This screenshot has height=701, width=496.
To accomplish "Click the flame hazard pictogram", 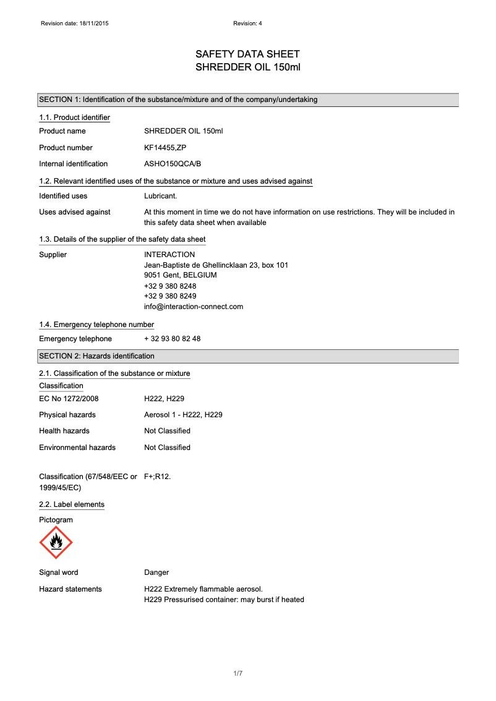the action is (x=56, y=543).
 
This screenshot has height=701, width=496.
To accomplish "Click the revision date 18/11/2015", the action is (x=96, y=23).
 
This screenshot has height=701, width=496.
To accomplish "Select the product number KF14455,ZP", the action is (x=165, y=148).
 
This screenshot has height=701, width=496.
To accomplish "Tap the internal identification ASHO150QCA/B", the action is (x=173, y=164).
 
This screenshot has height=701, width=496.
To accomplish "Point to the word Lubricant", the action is (x=161, y=196).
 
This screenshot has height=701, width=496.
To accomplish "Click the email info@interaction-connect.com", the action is (x=194, y=307).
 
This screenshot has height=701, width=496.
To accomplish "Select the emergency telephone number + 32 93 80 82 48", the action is (x=173, y=339).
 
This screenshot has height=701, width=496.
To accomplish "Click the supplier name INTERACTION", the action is (x=169, y=255).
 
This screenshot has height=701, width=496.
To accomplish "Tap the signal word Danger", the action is (x=156, y=572).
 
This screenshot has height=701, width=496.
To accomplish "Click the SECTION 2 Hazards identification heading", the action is (x=97, y=356).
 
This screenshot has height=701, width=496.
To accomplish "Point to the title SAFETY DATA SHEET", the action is (x=247, y=54).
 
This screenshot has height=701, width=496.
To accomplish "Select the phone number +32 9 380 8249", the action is (x=170, y=296).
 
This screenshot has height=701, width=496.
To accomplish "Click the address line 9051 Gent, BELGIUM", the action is (x=181, y=275).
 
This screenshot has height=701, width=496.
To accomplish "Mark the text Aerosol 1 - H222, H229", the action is (x=183, y=415).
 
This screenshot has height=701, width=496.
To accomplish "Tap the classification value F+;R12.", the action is (x=157, y=477).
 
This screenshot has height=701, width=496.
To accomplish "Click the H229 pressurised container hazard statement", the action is (x=224, y=600).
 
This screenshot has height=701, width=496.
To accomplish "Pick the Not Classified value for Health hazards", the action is (x=167, y=431).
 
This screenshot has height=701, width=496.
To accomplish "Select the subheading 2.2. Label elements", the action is (x=72, y=504).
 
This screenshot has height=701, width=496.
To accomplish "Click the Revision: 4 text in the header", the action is (x=248, y=23).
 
